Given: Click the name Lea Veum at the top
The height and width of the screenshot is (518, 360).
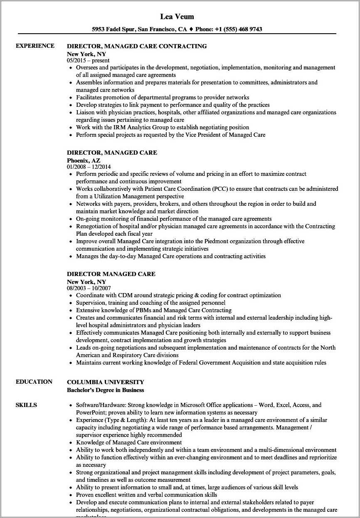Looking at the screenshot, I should point(177,17).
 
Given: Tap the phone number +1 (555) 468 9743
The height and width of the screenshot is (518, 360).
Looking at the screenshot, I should point(239,29).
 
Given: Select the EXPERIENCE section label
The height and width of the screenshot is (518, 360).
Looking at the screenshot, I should point(35,46).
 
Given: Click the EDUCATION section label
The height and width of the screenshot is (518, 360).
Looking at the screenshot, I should point(34,382).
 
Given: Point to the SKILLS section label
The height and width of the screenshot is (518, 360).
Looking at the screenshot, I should point(26,405).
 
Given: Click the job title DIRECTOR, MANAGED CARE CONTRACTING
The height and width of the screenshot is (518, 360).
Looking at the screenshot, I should point(137,46).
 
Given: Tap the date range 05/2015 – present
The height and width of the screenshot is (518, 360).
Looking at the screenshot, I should point(88,60).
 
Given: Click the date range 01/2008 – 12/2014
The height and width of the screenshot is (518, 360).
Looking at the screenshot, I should point(90,167).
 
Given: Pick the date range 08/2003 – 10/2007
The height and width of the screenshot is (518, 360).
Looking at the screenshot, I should point(90,288).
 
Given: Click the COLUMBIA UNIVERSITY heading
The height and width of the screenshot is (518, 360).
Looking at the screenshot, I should point(106,382).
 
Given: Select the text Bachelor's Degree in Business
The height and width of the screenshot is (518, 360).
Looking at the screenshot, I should point(106,390).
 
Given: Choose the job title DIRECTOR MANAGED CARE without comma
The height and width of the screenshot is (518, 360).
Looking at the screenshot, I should point(111,274).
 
